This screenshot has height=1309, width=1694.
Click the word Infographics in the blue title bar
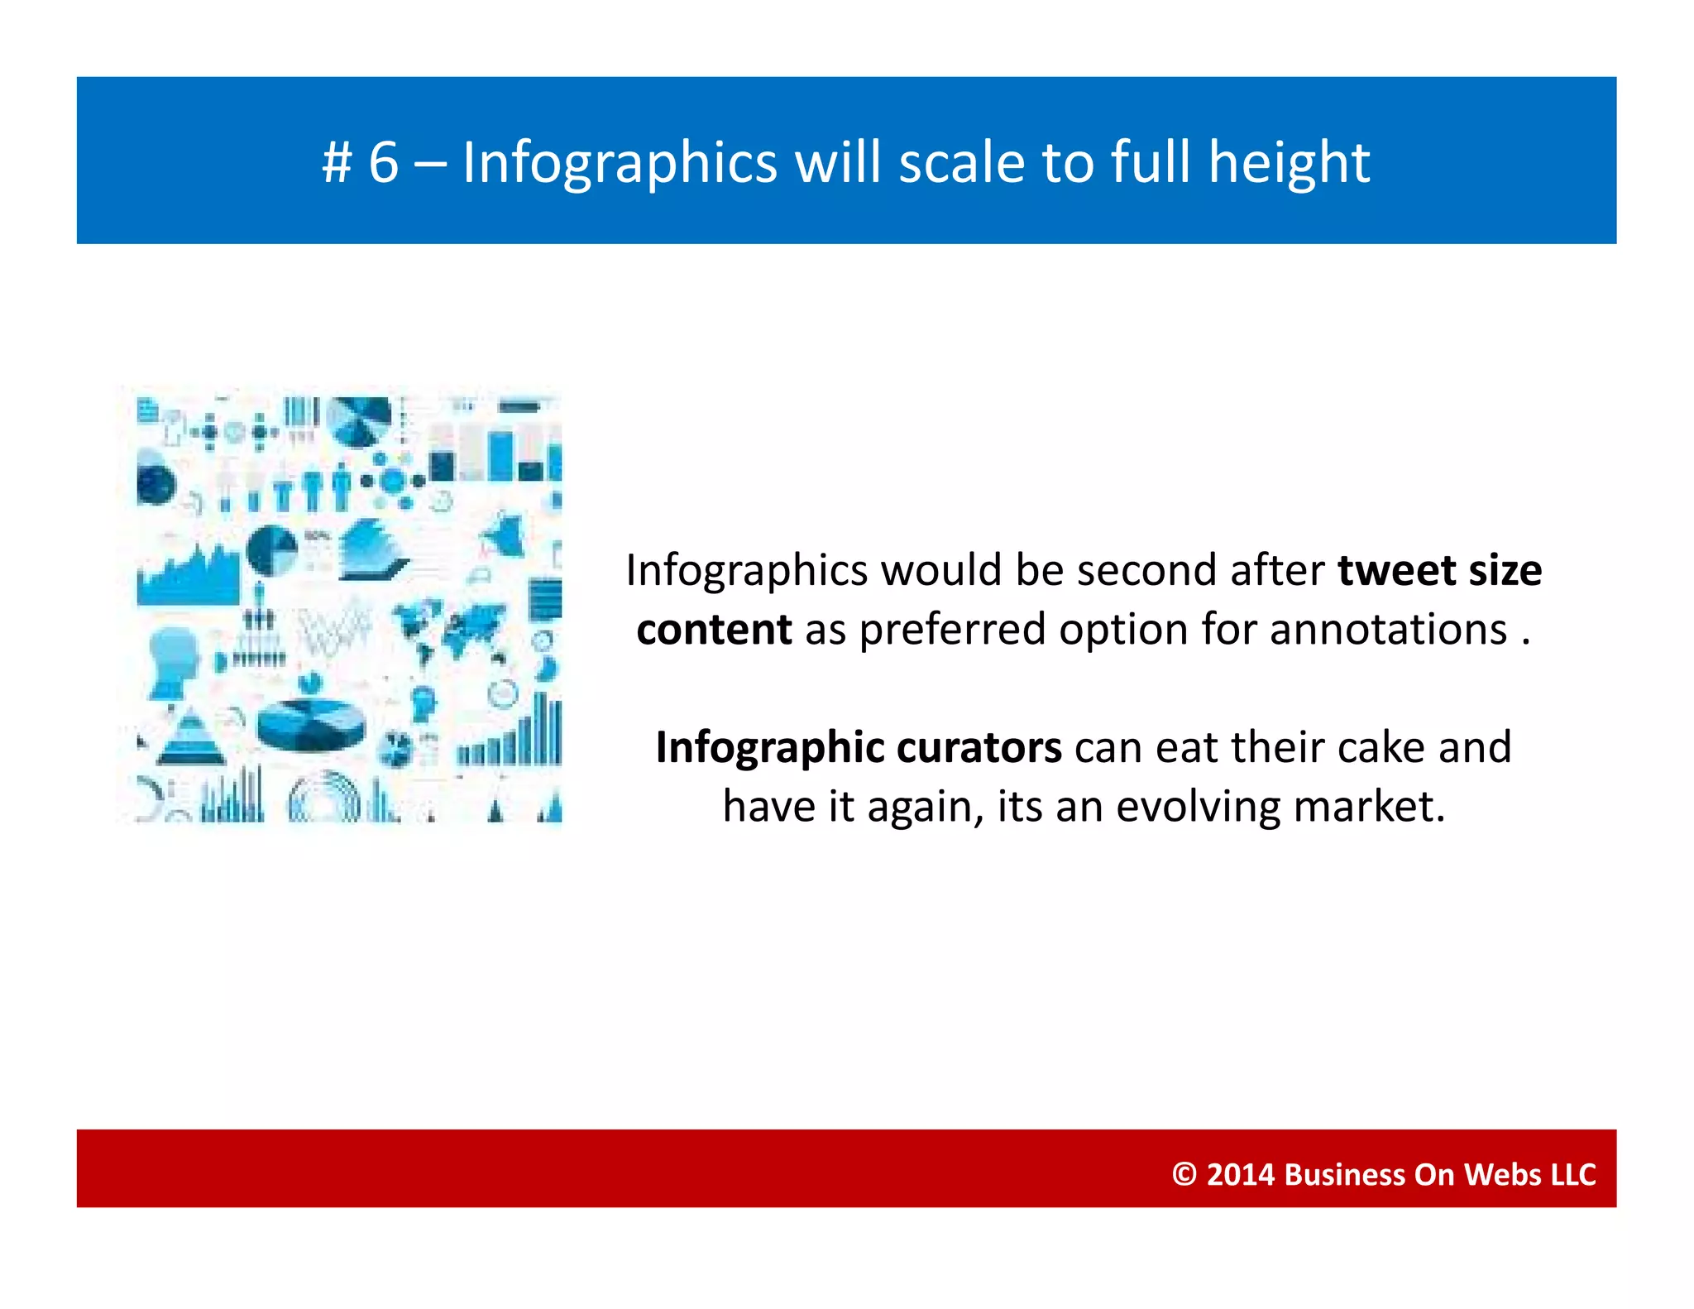pos(620,163)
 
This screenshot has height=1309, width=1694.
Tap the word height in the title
pos(1289,163)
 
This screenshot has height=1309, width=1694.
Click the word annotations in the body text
pos(1388,630)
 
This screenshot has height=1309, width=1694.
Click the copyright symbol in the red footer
pos(1184,1174)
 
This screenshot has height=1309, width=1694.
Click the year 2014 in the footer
pos(1240,1174)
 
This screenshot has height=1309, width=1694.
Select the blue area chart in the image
pos(189,575)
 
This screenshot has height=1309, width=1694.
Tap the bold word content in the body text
pos(714,630)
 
